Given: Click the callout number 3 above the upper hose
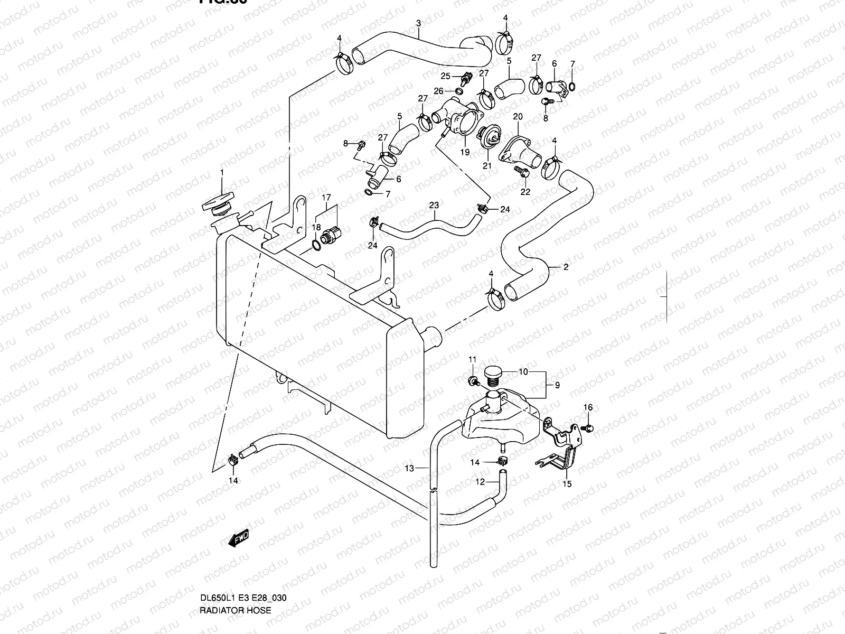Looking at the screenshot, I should pyautogui.click(x=418, y=23).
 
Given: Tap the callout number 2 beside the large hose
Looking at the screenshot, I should pyautogui.click(x=566, y=267).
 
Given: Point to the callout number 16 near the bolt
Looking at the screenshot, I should pyautogui.click(x=588, y=407).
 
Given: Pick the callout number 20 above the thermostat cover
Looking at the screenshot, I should pyautogui.click(x=518, y=116).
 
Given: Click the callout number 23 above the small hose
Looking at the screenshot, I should pyautogui.click(x=434, y=204).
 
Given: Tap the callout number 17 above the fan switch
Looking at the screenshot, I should pyautogui.click(x=326, y=199).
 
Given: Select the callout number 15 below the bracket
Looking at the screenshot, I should pyautogui.click(x=567, y=483).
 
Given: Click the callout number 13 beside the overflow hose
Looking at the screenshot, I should pyautogui.click(x=409, y=467).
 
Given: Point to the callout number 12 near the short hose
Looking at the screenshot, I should pyautogui.click(x=480, y=482).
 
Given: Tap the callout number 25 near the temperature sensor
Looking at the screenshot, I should pyautogui.click(x=445, y=76).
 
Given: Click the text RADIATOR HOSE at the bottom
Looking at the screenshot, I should pyautogui.click(x=235, y=610).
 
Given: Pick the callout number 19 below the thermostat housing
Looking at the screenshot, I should pyautogui.click(x=464, y=152).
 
